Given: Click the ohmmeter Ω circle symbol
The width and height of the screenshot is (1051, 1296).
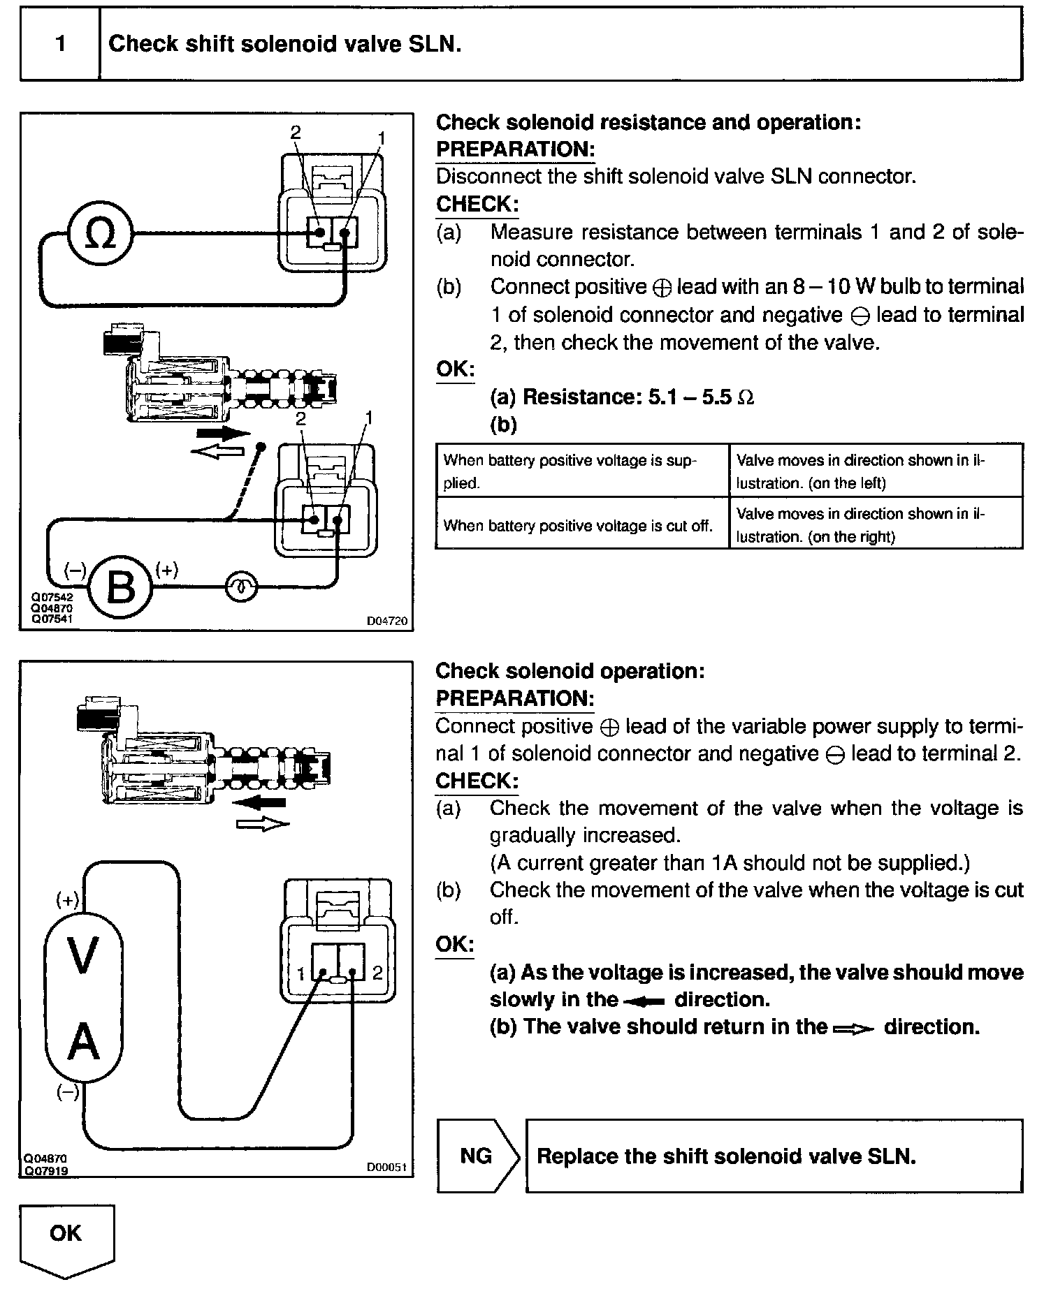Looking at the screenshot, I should coord(99,233).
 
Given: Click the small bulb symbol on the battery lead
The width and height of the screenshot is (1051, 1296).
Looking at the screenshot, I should coord(241,587).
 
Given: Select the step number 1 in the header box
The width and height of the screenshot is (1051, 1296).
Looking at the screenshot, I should coord(61,44).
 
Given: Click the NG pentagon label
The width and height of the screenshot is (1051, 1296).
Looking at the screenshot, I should coord(477,1156).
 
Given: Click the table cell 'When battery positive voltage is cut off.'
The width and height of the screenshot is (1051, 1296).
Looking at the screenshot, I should coord(578,526).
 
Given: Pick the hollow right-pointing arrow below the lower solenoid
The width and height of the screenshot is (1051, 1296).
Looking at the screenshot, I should coord(263,825).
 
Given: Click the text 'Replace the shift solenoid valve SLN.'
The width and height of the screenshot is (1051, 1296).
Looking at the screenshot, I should coord(726,1156).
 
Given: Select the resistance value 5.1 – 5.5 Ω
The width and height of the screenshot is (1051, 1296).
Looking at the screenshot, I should coord(701,397).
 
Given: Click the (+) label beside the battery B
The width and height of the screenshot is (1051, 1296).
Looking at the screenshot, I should coord(166,570).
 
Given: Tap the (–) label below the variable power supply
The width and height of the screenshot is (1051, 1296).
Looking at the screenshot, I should coord(68,1093).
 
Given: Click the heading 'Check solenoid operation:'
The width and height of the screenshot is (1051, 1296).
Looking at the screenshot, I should coord(570,671).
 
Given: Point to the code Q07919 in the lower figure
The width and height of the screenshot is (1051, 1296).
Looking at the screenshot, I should coord(45,1171).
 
